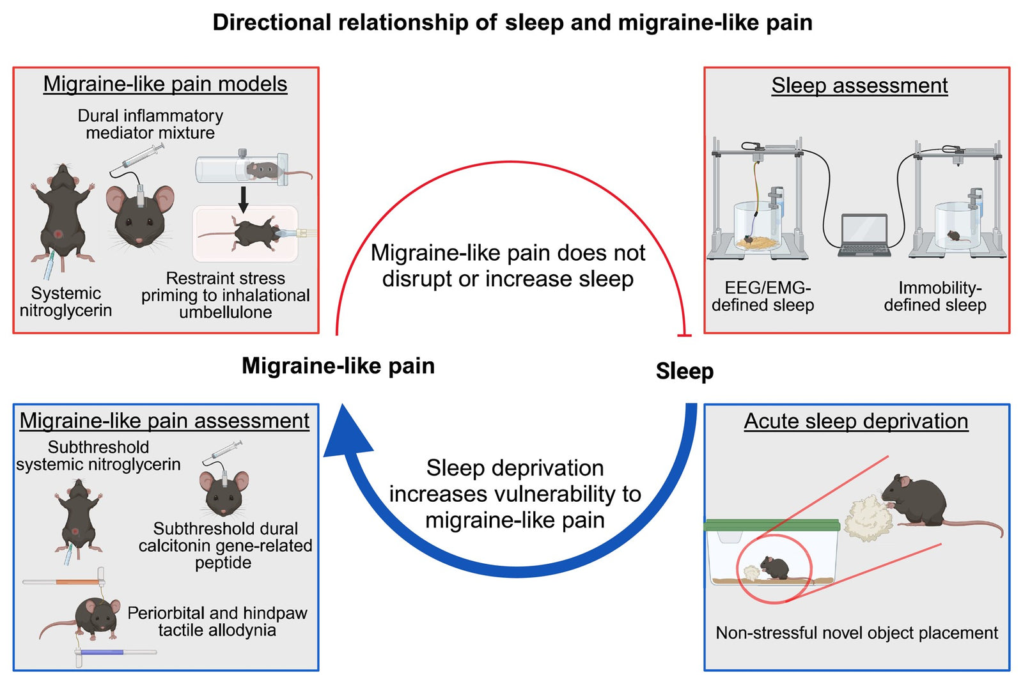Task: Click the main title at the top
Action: click(512, 22)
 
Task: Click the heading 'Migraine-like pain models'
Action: click(165, 84)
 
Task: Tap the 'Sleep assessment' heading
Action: click(859, 85)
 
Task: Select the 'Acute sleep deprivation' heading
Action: click(855, 421)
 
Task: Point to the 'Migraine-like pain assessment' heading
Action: click(164, 420)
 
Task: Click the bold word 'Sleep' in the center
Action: click(684, 371)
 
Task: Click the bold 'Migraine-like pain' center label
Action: click(338, 366)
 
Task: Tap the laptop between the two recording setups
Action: click(864, 235)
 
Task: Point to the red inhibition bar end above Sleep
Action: click(684, 335)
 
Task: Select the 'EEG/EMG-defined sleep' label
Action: click(763, 297)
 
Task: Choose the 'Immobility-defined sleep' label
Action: click(935, 297)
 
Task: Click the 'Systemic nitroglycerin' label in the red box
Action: click(66, 302)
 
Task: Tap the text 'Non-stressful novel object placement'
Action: click(856, 633)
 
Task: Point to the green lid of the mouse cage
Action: click(771, 525)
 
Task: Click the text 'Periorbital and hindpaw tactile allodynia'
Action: click(217, 621)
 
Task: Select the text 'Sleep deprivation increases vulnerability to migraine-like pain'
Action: click(515, 494)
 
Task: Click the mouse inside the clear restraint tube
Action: click(262, 170)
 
